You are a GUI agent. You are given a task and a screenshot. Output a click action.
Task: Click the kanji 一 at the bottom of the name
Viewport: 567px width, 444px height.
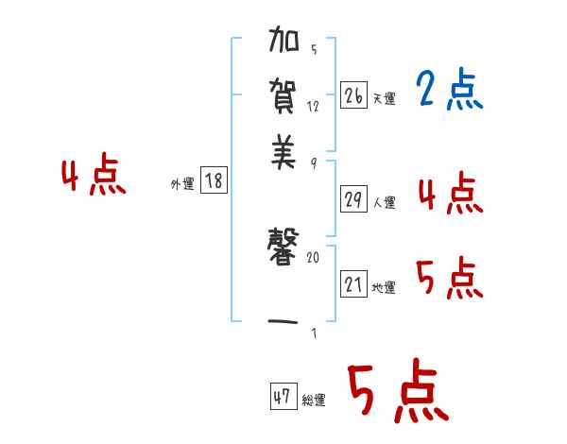[x=284, y=322]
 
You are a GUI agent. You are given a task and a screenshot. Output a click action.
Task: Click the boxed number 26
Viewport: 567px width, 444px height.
[x=353, y=94]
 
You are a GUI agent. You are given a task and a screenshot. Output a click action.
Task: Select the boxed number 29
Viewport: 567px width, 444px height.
[x=353, y=199]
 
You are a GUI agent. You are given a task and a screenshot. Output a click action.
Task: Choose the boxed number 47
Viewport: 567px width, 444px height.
[x=283, y=397]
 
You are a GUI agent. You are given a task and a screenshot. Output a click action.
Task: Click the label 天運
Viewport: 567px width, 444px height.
[x=384, y=97]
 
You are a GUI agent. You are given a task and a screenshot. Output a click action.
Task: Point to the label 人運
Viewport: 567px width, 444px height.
[x=384, y=202]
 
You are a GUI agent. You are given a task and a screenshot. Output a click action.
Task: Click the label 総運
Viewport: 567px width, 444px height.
[x=314, y=401]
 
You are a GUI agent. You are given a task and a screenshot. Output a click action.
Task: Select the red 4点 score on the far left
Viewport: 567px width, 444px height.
[x=93, y=177]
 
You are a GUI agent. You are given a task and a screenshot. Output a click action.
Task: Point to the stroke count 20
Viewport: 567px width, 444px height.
[x=314, y=257]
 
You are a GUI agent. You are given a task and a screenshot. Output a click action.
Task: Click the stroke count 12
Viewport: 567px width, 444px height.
[x=314, y=106]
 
